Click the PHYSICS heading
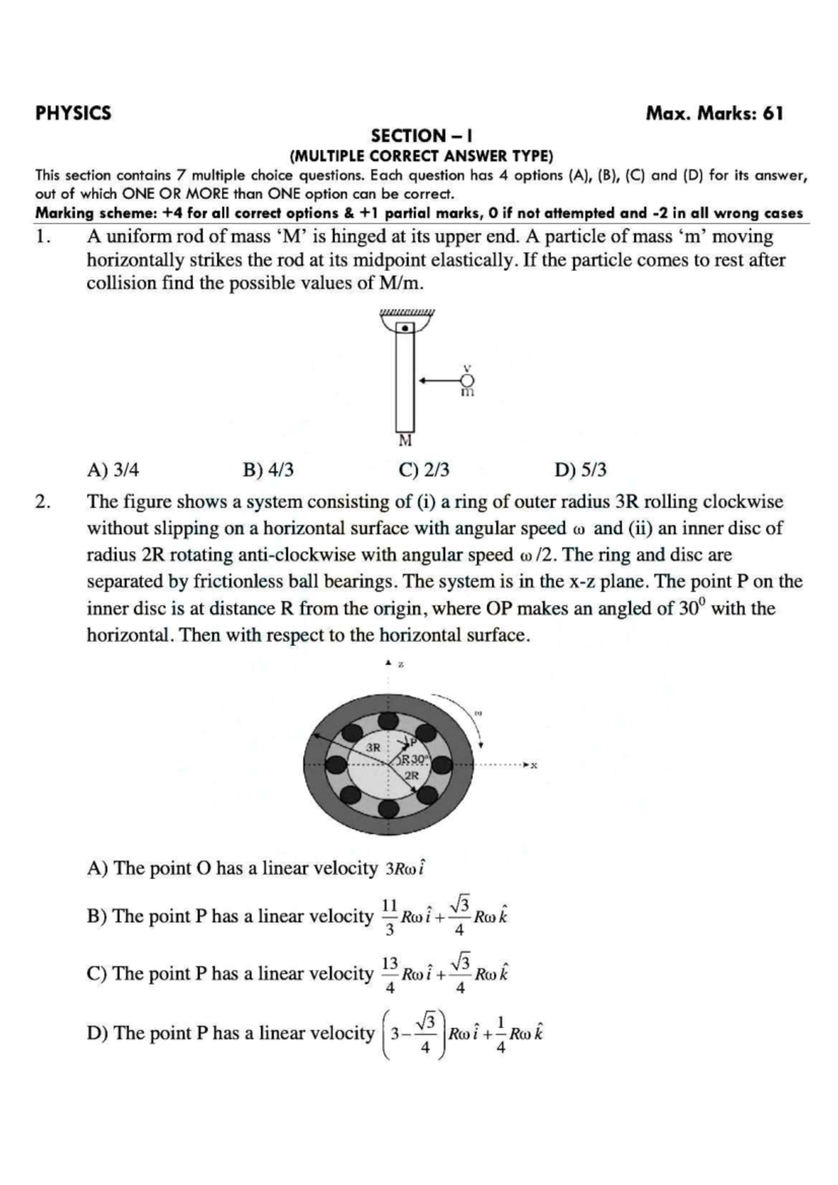click(73, 113)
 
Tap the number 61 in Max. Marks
click(773, 113)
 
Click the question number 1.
click(43, 237)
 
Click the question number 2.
click(43, 502)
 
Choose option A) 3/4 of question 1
click(112, 470)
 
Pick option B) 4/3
click(268, 470)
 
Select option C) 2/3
click(424, 470)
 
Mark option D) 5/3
click(580, 470)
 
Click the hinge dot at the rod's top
click(404, 327)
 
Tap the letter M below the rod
click(405, 441)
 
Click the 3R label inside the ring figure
click(374, 747)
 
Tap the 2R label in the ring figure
click(412, 775)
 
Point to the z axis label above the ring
click(401, 665)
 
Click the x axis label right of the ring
click(534, 766)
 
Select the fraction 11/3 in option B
click(390, 916)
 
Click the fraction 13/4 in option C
click(390, 974)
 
